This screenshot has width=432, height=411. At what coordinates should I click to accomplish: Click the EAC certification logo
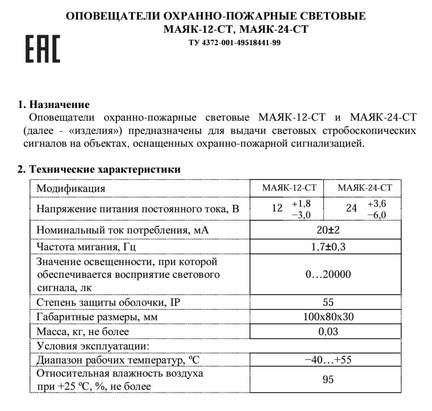pyautogui.click(x=43, y=49)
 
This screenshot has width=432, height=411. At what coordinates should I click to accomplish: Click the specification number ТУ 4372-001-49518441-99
pyautogui.click(x=234, y=43)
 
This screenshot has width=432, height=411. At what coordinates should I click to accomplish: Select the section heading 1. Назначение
pyautogui.click(x=53, y=104)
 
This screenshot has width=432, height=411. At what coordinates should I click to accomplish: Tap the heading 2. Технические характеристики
pyautogui.click(x=99, y=170)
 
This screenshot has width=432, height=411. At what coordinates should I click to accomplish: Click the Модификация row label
pyautogui.click(x=70, y=188)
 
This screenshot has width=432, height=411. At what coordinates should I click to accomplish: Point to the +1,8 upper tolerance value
pyautogui.click(x=301, y=204)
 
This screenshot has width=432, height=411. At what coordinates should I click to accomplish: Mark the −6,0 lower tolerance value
pyautogui.click(x=377, y=215)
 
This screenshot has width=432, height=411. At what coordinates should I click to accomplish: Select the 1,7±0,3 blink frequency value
pyautogui.click(x=325, y=247)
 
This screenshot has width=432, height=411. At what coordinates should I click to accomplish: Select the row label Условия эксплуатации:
pyautogui.click(x=92, y=346)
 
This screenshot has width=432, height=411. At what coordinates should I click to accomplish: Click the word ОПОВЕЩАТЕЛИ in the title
pyautogui.click(x=112, y=16)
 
